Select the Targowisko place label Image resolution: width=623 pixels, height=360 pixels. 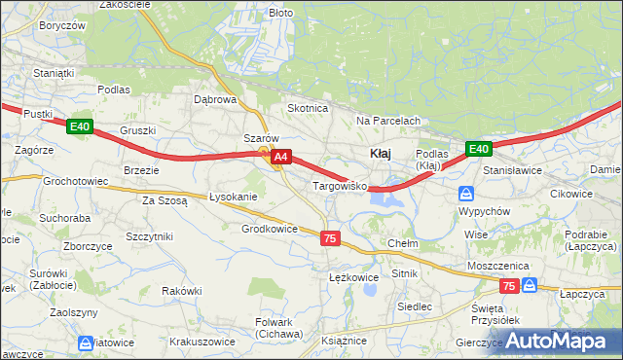click(x=338, y=185)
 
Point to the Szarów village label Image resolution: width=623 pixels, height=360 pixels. click(x=261, y=138)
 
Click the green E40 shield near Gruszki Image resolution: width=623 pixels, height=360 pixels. click(x=80, y=126)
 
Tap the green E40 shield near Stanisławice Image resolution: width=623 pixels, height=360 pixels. click(x=477, y=148)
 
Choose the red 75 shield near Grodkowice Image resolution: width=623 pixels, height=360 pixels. click(x=330, y=238)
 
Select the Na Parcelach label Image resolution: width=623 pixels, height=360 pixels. click(x=387, y=121)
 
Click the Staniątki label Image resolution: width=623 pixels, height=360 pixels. click(x=26, y=72)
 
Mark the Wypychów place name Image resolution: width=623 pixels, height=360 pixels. click(x=484, y=211)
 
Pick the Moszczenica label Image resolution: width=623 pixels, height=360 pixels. click(x=497, y=266)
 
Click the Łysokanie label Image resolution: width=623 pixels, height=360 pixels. click(x=234, y=197)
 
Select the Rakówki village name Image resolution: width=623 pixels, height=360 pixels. click(x=182, y=291)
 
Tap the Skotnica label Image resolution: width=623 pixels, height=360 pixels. click(x=307, y=108)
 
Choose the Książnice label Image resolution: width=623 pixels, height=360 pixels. click(x=345, y=341)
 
